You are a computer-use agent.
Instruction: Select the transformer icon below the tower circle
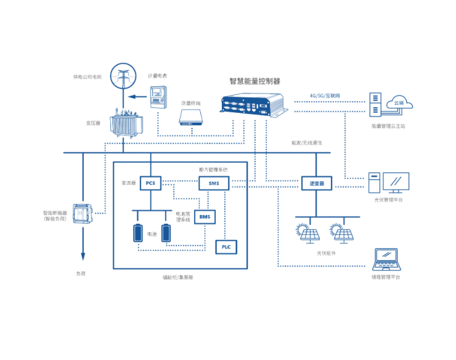coord(125,123)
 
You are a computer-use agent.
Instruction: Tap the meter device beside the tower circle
coord(159,96)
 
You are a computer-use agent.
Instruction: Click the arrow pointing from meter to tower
coord(134,97)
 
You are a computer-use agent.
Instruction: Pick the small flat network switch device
coord(191,117)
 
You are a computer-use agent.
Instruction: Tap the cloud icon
coord(401,102)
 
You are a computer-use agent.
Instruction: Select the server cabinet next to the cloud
coord(375,104)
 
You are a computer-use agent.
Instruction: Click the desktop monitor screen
coord(396,182)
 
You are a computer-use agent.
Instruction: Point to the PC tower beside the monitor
coord(373,182)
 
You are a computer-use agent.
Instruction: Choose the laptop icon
coord(386,260)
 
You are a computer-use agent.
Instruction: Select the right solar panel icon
coord(340,233)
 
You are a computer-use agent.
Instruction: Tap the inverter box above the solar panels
coord(317,183)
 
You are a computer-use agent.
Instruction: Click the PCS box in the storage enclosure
coord(150,183)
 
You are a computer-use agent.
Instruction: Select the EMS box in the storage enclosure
coord(214,183)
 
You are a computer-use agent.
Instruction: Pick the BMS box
coord(205,216)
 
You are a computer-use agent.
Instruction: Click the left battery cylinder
coord(138,232)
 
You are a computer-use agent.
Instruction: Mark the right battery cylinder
coord(166,232)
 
